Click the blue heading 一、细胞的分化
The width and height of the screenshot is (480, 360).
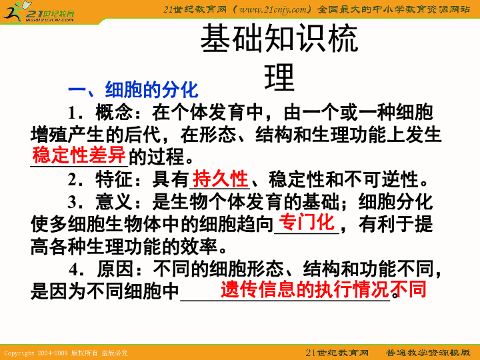coord(133,89)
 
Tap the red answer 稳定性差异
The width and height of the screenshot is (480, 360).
coord(79,156)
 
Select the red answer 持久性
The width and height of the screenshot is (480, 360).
coord(220,179)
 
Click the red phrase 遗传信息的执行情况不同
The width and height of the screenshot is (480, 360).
coord(323,289)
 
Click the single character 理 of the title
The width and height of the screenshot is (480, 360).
coord(279,78)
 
